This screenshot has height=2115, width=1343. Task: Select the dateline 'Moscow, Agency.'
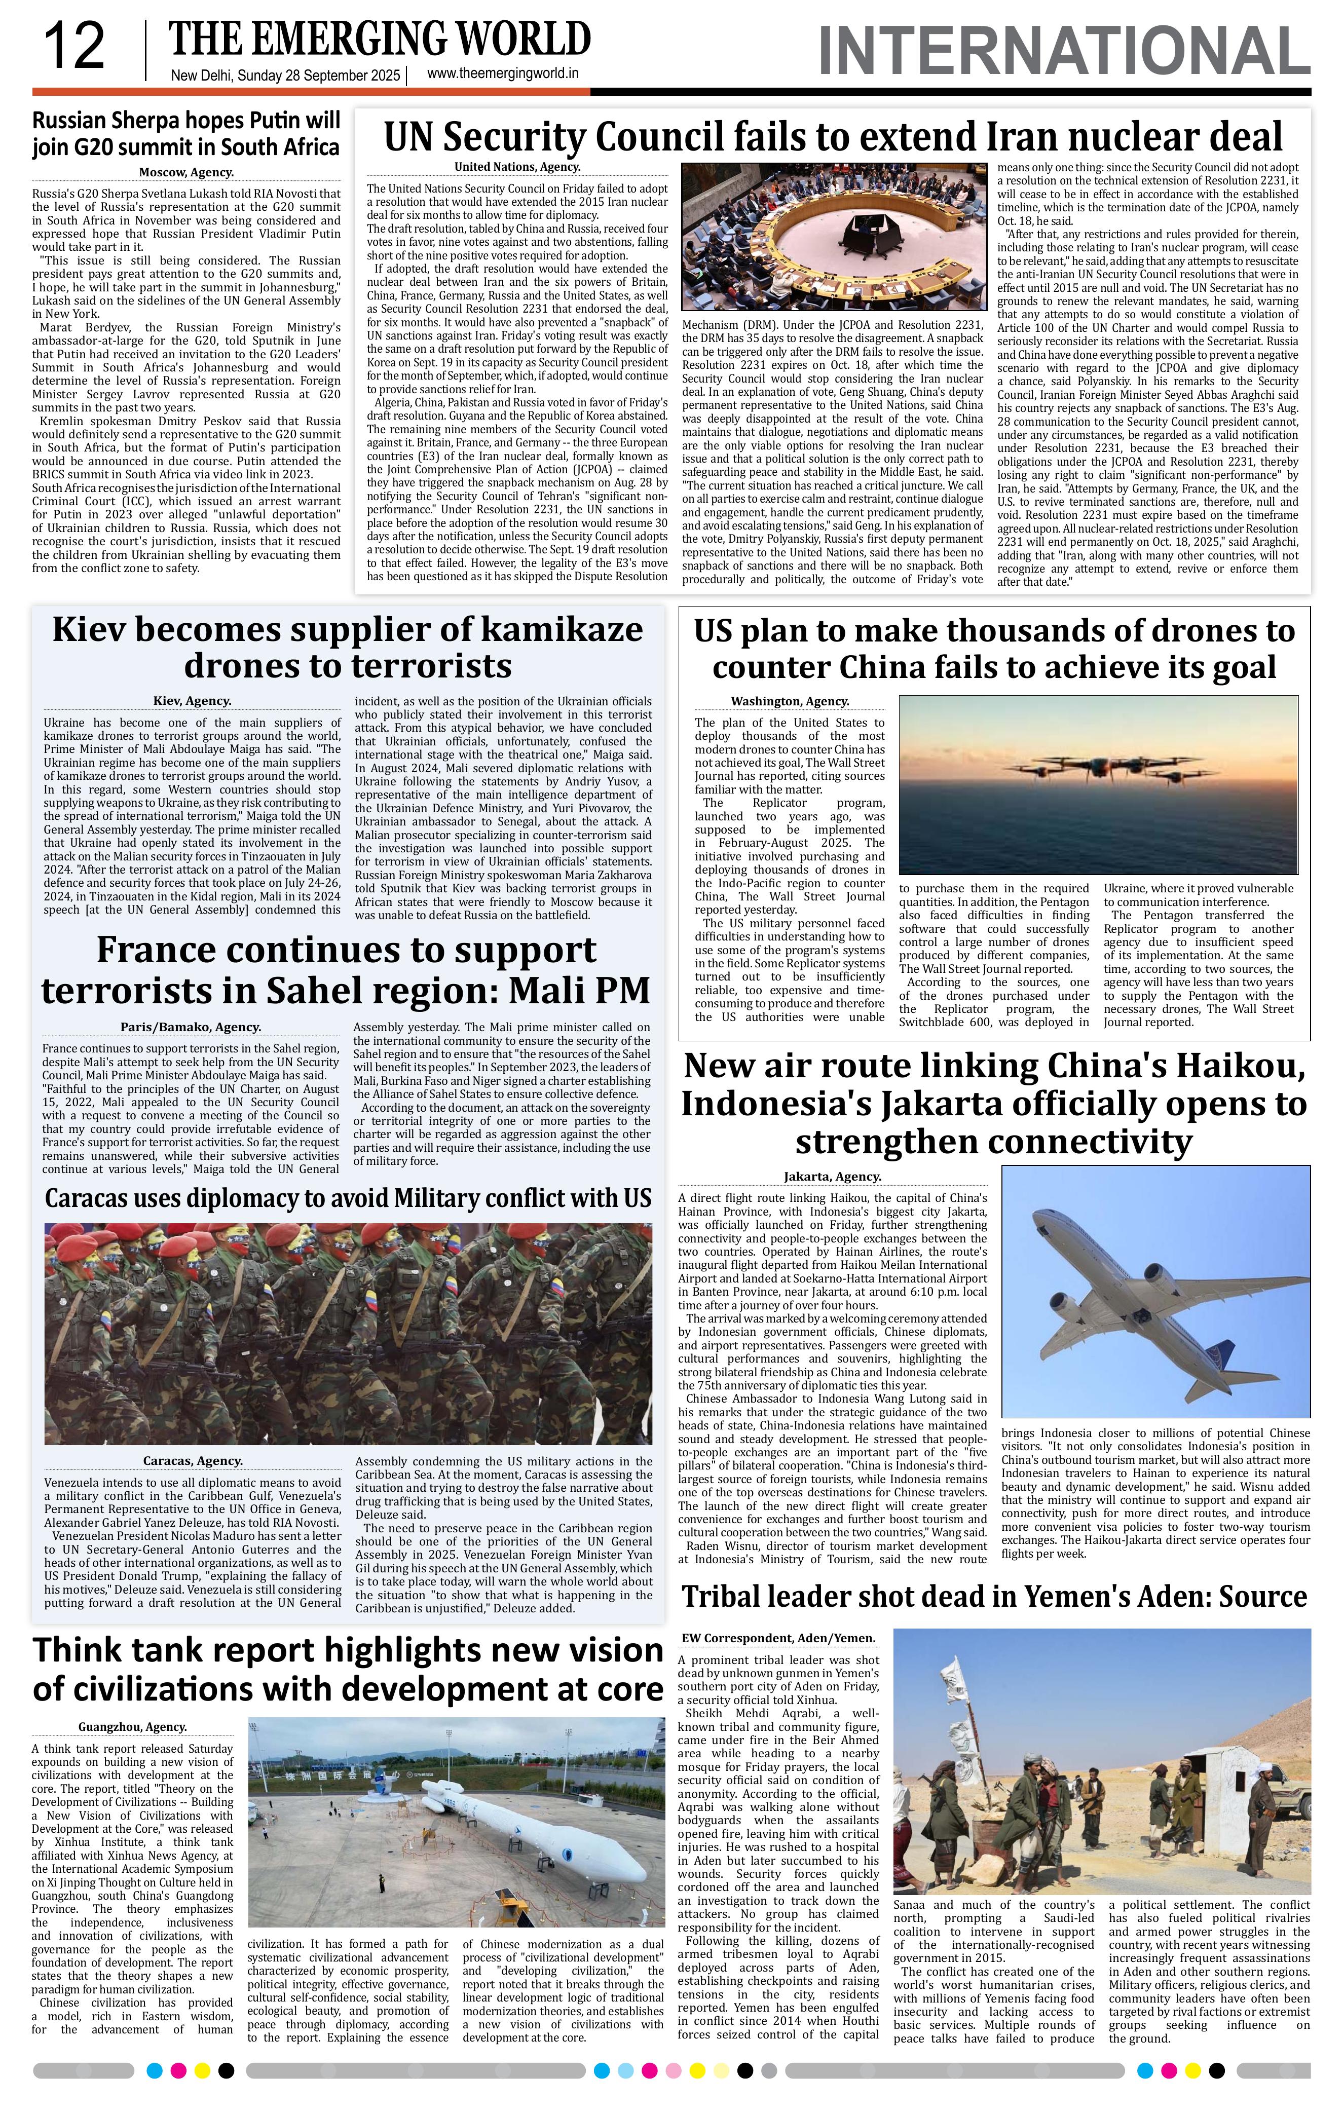(x=186, y=173)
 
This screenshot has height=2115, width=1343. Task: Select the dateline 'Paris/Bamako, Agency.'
(x=191, y=1027)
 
